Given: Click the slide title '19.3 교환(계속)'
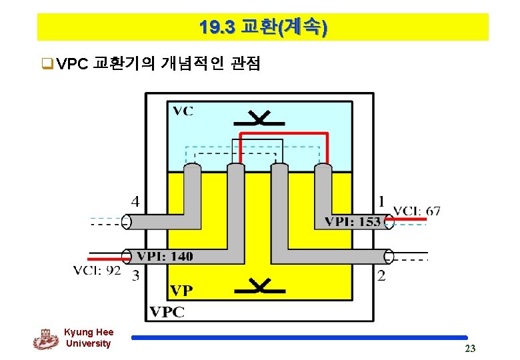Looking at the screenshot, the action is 263,27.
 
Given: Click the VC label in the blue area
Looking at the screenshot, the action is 183,111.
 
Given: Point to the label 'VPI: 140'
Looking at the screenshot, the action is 165,256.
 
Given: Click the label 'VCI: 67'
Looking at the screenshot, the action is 416,211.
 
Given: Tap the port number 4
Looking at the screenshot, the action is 135,201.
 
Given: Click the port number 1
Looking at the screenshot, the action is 381,201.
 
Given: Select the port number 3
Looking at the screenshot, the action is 135,275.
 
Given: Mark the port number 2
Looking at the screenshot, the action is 381,275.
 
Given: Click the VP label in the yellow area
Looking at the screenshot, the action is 182,291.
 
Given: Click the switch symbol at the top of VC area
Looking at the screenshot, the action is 259,120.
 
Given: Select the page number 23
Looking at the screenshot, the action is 470,349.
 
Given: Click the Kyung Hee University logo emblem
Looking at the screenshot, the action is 45,339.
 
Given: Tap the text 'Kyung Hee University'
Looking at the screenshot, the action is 89,338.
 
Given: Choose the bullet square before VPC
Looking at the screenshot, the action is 47,65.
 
